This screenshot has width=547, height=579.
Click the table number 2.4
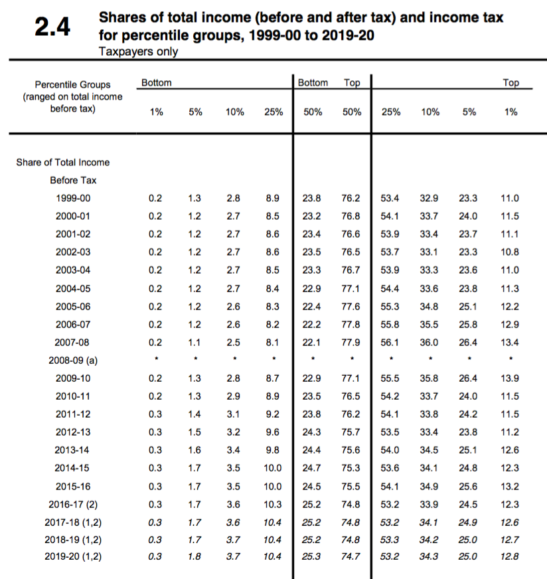coord(52,29)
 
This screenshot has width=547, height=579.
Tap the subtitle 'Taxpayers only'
coord(137,51)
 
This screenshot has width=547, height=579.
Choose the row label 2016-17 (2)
coord(72,503)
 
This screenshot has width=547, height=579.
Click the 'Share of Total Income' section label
coord(63,162)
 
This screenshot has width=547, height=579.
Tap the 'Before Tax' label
coord(72,180)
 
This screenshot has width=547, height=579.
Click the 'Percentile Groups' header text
coord(72,84)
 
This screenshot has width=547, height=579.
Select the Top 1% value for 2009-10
coord(510,378)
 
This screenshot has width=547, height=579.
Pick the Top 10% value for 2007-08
coord(430,342)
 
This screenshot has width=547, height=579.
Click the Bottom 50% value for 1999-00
coord(312,198)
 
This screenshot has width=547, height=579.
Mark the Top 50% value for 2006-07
coord(351,324)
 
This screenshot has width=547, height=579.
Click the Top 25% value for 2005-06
coord(391,306)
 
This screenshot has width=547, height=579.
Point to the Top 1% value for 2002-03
coord(510,252)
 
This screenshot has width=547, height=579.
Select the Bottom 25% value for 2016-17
coord(273,503)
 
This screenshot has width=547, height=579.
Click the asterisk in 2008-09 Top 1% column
coord(510,360)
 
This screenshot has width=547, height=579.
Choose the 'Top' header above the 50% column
coord(352,83)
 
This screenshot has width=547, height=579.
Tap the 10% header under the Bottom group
coord(234,112)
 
